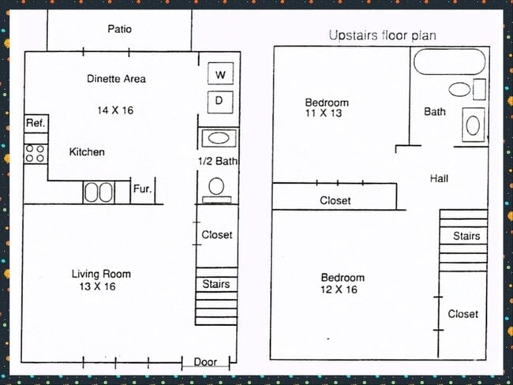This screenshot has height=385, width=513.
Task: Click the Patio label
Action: (120, 29)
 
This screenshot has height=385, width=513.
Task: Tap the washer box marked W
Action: (220, 73)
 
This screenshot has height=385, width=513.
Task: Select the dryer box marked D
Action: (220, 102)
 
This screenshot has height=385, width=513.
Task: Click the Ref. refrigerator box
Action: (36, 124)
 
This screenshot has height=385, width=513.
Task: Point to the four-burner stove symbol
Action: (36, 154)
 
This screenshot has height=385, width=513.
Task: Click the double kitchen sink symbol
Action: (99, 192)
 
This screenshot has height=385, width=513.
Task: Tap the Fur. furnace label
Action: (142, 189)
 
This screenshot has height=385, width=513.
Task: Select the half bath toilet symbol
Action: (216, 190)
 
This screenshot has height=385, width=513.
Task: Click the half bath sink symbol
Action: (219, 138)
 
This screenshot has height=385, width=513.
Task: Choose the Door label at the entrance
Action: (205, 362)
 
